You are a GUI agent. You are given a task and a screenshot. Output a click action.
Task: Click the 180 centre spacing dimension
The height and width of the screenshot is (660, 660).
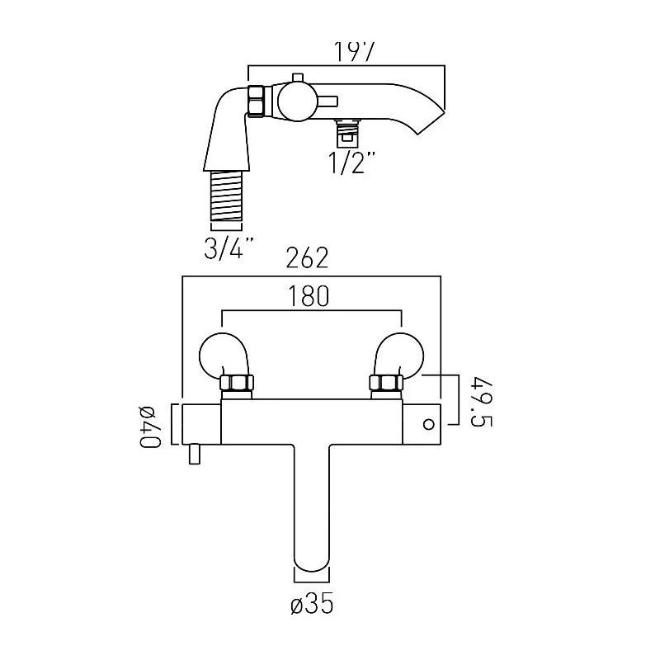tap(309, 295)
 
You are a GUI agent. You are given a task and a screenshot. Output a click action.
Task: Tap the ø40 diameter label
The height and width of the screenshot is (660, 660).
tap(148, 427)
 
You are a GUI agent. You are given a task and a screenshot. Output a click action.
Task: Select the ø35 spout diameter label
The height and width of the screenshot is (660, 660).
tap(312, 605)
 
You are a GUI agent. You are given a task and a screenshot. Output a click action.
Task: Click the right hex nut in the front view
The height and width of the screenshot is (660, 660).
tap(385, 383)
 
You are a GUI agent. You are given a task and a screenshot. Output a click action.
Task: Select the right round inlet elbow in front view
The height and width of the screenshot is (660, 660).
tap(403, 353)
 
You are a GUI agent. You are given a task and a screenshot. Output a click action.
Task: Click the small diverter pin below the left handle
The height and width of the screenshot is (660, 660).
tap(195, 455)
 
